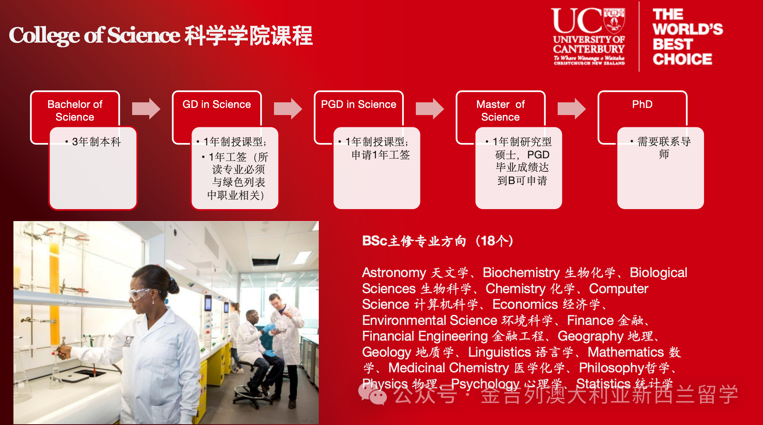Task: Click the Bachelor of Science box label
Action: (x=75, y=111)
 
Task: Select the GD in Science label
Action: (x=217, y=104)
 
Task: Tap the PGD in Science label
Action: (x=358, y=104)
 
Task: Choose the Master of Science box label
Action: (x=500, y=111)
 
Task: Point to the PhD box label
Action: (x=642, y=104)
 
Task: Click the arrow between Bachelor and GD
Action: (x=146, y=109)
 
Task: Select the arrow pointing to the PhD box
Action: (x=572, y=109)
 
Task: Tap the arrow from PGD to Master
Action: (x=430, y=109)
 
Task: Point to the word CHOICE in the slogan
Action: (x=682, y=59)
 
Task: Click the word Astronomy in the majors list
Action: (x=394, y=273)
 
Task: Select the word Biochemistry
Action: (x=521, y=273)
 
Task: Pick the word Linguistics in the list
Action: (x=499, y=352)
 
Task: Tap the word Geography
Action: (x=591, y=336)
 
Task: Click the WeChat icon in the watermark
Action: (x=373, y=394)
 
